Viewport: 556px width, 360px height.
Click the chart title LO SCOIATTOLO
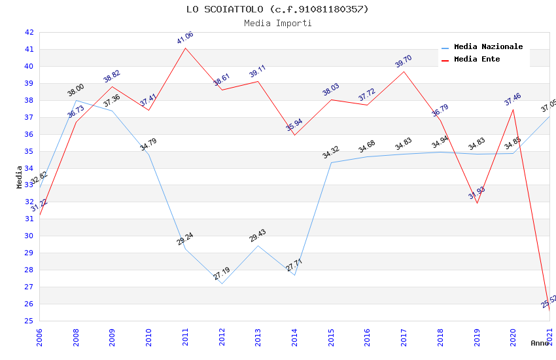click(x=277, y=9)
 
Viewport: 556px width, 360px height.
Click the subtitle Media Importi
click(x=277, y=24)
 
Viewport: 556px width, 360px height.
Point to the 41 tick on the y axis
click(x=29, y=49)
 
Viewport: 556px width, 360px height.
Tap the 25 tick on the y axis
click(x=29, y=321)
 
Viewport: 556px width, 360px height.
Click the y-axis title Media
click(x=20, y=177)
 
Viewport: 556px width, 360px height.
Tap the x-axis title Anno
click(x=539, y=343)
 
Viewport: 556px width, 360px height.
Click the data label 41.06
click(x=185, y=38)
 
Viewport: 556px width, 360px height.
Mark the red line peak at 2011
click(x=186, y=48)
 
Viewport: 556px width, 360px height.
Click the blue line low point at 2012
click(x=222, y=283)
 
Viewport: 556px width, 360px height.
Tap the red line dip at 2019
click(x=477, y=203)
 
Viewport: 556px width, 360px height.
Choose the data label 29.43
click(x=258, y=236)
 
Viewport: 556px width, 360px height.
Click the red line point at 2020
click(x=513, y=109)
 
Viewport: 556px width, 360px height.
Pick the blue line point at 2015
click(x=332, y=162)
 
